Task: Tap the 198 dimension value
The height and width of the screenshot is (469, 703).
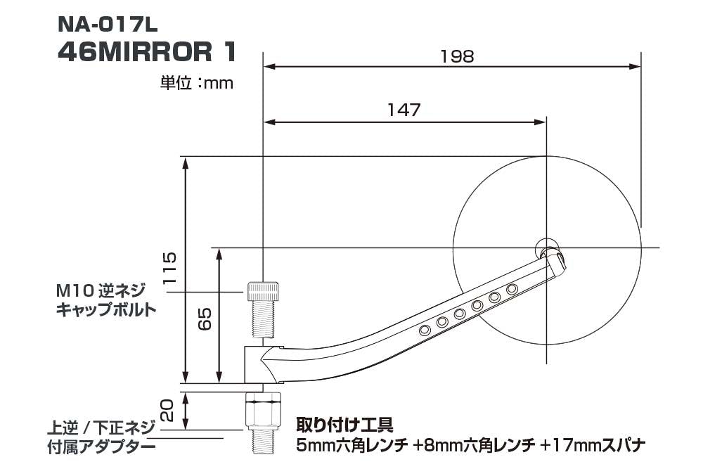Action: click(458, 56)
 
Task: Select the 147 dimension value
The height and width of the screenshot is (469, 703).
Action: click(404, 110)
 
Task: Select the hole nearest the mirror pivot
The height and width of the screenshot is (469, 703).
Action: click(512, 289)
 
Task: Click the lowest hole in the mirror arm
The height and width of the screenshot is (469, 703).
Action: click(425, 330)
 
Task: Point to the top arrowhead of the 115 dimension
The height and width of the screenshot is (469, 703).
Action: click(186, 162)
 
